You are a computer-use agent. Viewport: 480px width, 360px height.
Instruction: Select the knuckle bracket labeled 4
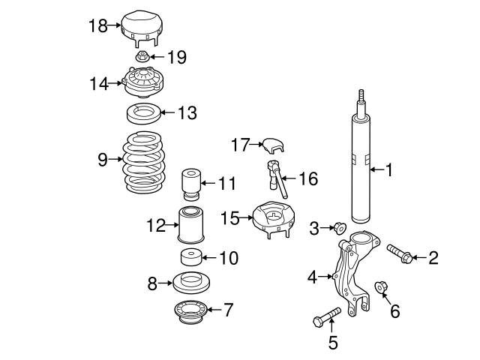349,274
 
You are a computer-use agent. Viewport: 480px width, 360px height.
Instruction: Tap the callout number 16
307,178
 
